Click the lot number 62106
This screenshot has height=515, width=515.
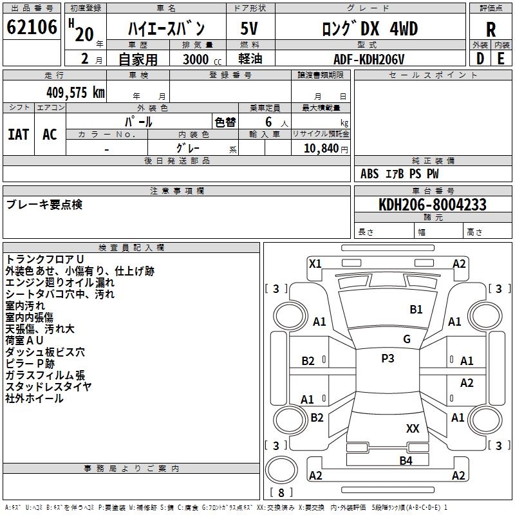tap(32, 27)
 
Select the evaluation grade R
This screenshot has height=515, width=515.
tap(491, 30)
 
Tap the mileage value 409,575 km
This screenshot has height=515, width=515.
tap(75, 92)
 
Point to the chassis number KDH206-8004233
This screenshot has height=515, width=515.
tap(433, 205)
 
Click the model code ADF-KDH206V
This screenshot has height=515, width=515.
tap(369, 59)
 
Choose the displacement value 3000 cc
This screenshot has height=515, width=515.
tap(202, 59)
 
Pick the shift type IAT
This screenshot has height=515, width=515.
tap(19, 135)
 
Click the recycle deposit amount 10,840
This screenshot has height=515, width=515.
tap(321, 148)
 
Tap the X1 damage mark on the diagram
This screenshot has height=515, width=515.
tap(315, 264)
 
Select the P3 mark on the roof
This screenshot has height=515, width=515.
tap(388, 358)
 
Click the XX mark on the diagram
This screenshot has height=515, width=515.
tap(413, 428)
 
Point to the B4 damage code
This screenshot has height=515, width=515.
tap(406, 460)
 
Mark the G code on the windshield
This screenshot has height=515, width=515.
tap(407, 339)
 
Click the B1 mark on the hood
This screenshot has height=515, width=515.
tap(416, 309)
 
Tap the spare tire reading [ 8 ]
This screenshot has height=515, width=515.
tap(281, 492)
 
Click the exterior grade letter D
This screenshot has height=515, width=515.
tap(480, 59)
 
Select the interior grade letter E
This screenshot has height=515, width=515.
tap(501, 59)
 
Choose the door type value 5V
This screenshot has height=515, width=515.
tap(249, 28)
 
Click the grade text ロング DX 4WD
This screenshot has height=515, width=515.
tap(370, 28)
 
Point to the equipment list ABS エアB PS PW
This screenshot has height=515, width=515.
tap(399, 174)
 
